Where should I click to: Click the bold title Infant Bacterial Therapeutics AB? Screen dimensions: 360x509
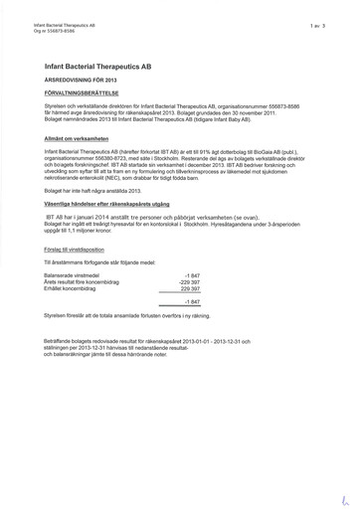(x=97, y=65)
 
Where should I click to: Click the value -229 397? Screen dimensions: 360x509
(x=188, y=281)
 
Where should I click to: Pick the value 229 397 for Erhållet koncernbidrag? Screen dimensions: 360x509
(x=189, y=289)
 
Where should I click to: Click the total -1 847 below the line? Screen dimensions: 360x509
(x=192, y=302)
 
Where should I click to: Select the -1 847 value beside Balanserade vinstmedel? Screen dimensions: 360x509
(x=192, y=273)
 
